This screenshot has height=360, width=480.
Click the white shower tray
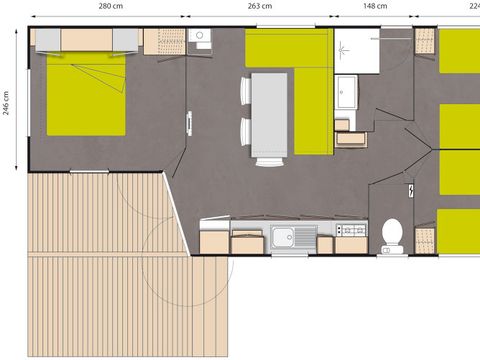[x=355, y=49]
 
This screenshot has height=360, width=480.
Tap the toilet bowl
[x=393, y=234]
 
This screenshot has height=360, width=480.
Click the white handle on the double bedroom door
[x=188, y=122]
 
